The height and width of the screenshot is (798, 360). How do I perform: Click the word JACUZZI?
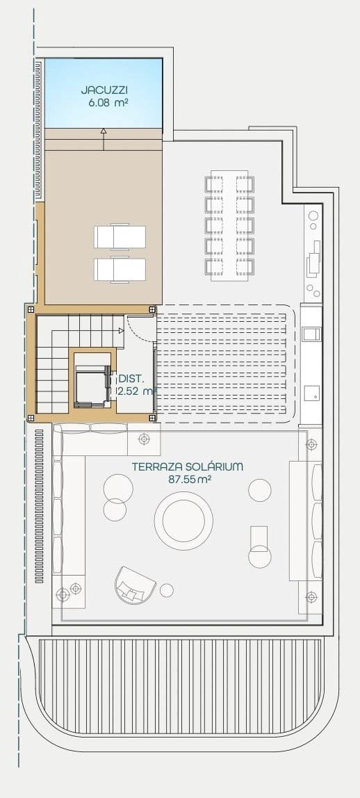[104, 90]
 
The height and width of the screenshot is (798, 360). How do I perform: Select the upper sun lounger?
[120, 236]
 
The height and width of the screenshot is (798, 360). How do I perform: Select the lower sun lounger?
[120, 269]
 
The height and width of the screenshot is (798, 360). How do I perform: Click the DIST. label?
[131, 379]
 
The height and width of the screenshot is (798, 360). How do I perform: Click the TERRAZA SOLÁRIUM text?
[187, 466]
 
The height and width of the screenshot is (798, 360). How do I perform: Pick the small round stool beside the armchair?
[167, 590]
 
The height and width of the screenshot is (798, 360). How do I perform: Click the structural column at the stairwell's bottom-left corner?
[30, 418]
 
